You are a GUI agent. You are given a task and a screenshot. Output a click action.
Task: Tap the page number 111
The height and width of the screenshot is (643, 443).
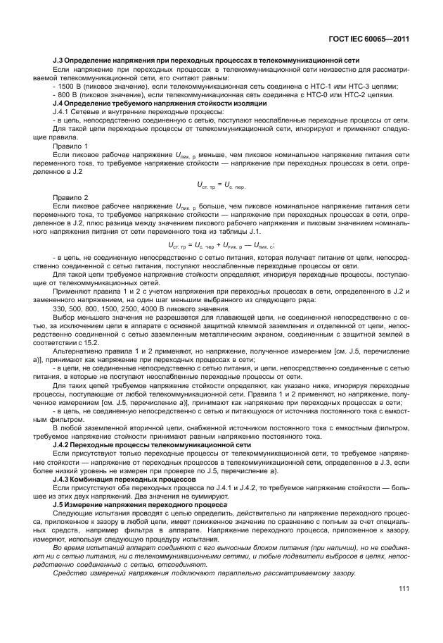tap(404, 589)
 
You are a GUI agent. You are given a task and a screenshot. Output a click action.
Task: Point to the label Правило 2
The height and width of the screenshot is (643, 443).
tap(68, 197)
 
